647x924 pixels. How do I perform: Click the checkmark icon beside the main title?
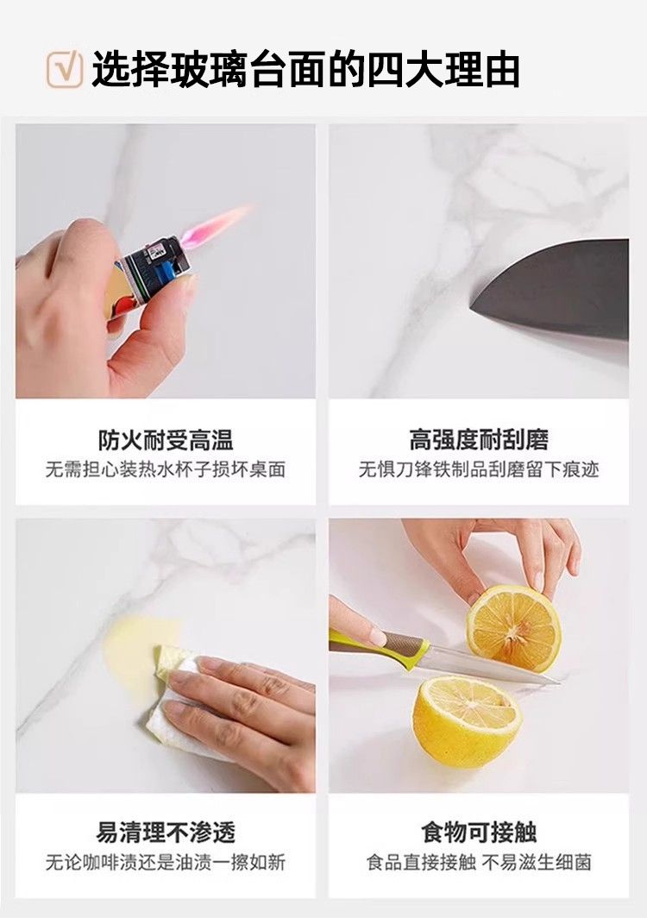(x=65, y=70)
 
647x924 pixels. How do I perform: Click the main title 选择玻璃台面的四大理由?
(x=306, y=70)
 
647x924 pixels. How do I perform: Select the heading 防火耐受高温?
(x=166, y=440)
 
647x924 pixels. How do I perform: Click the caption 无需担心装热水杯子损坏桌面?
(x=166, y=469)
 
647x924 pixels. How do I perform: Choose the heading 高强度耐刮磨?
(x=479, y=440)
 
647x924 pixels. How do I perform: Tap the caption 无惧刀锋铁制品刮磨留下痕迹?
(x=479, y=469)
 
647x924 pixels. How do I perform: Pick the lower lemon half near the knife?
(x=466, y=721)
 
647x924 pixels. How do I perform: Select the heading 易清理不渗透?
(x=166, y=833)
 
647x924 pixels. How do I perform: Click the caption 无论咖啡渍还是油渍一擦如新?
(x=166, y=863)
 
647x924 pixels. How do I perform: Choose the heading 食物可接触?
(x=479, y=833)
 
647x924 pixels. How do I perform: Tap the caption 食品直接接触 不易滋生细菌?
(x=479, y=863)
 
